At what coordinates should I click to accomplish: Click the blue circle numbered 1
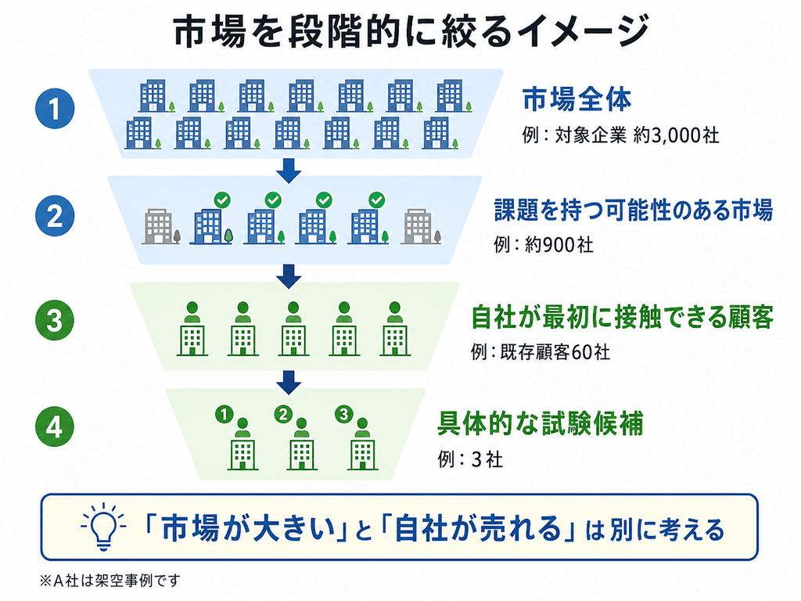(x=55, y=108)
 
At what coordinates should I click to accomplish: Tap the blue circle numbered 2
(x=55, y=216)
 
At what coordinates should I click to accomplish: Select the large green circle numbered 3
(x=55, y=321)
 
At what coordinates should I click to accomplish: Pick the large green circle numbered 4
(x=55, y=427)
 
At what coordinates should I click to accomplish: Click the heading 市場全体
(x=577, y=99)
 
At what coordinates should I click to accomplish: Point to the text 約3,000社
(x=676, y=135)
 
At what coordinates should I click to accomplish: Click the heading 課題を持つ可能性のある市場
(x=634, y=210)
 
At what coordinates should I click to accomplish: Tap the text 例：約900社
(x=544, y=245)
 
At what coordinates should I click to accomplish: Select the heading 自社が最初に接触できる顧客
(x=622, y=317)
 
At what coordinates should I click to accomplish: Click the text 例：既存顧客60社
(x=541, y=352)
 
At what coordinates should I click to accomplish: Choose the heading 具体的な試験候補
(x=540, y=423)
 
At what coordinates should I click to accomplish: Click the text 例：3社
(x=470, y=459)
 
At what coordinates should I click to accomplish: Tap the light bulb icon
(x=103, y=527)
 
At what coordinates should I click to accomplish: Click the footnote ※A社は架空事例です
(x=110, y=581)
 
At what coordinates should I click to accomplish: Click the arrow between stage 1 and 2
(x=289, y=171)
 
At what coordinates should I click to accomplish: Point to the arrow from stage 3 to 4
(x=289, y=382)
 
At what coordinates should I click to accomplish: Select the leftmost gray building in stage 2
(x=161, y=226)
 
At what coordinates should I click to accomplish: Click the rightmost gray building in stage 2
(x=420, y=226)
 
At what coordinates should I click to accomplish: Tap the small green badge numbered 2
(x=283, y=414)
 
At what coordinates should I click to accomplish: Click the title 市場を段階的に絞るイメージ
(x=411, y=31)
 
